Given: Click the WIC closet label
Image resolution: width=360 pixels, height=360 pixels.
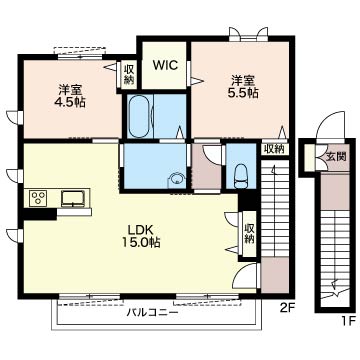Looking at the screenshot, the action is tap(165, 65).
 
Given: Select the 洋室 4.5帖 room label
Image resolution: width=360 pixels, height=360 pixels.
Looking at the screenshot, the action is tap(70, 96).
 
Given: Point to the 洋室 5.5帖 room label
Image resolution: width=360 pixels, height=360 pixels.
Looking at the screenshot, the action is tap(243, 87).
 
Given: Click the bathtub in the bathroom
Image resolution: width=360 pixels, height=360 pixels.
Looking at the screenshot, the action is tap(140, 116).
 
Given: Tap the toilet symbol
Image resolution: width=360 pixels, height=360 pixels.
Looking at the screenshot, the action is tap(241, 176).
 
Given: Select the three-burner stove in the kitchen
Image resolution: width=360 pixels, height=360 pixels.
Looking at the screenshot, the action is tap(39, 198).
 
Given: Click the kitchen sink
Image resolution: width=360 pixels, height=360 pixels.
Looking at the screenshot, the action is tap(73, 199).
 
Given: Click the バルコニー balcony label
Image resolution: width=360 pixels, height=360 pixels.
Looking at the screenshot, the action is tap(152, 313).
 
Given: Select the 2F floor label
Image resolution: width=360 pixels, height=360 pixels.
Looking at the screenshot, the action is tap(286, 307).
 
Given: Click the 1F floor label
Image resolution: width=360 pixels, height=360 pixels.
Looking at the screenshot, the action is tap(348, 321).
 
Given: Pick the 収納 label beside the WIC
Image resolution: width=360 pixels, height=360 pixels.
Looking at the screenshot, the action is tap(129, 74).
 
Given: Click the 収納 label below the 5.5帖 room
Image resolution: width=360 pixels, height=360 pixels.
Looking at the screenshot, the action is tap(274, 149).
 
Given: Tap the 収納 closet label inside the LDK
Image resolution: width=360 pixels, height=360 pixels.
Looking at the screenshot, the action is tap(249, 233).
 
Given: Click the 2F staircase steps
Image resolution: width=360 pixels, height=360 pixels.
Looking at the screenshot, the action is tap(275, 208).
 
